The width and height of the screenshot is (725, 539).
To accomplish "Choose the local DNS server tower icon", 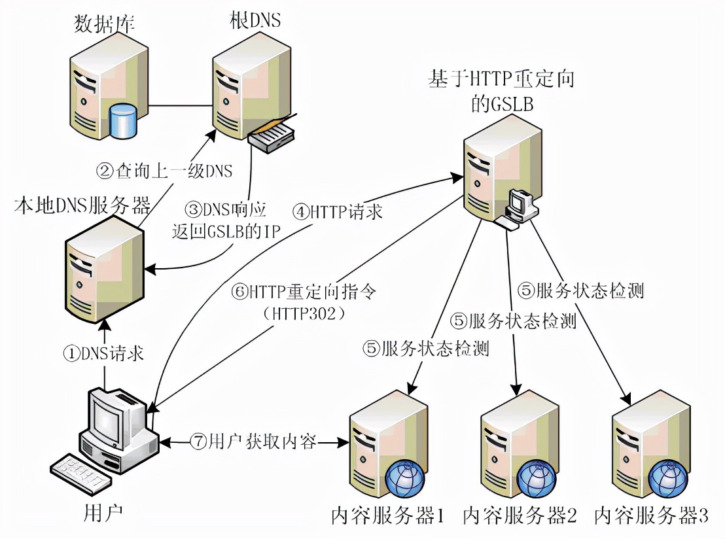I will [103, 275].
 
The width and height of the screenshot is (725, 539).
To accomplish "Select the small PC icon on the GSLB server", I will [520, 204].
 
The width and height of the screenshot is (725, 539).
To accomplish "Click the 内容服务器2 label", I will [520, 516].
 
